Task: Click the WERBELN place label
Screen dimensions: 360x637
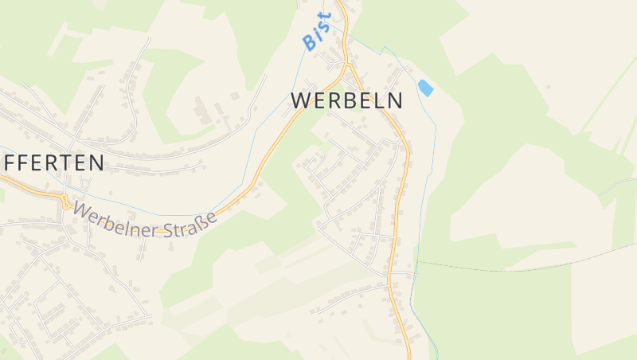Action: (347, 101)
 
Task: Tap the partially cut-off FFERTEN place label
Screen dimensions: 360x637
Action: (53, 163)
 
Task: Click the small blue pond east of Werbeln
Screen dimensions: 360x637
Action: (425, 88)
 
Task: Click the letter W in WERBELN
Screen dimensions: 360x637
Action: (301, 101)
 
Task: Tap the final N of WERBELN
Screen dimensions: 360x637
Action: (395, 101)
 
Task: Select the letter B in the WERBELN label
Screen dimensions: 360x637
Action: (350, 101)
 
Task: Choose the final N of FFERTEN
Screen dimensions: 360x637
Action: (96, 163)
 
